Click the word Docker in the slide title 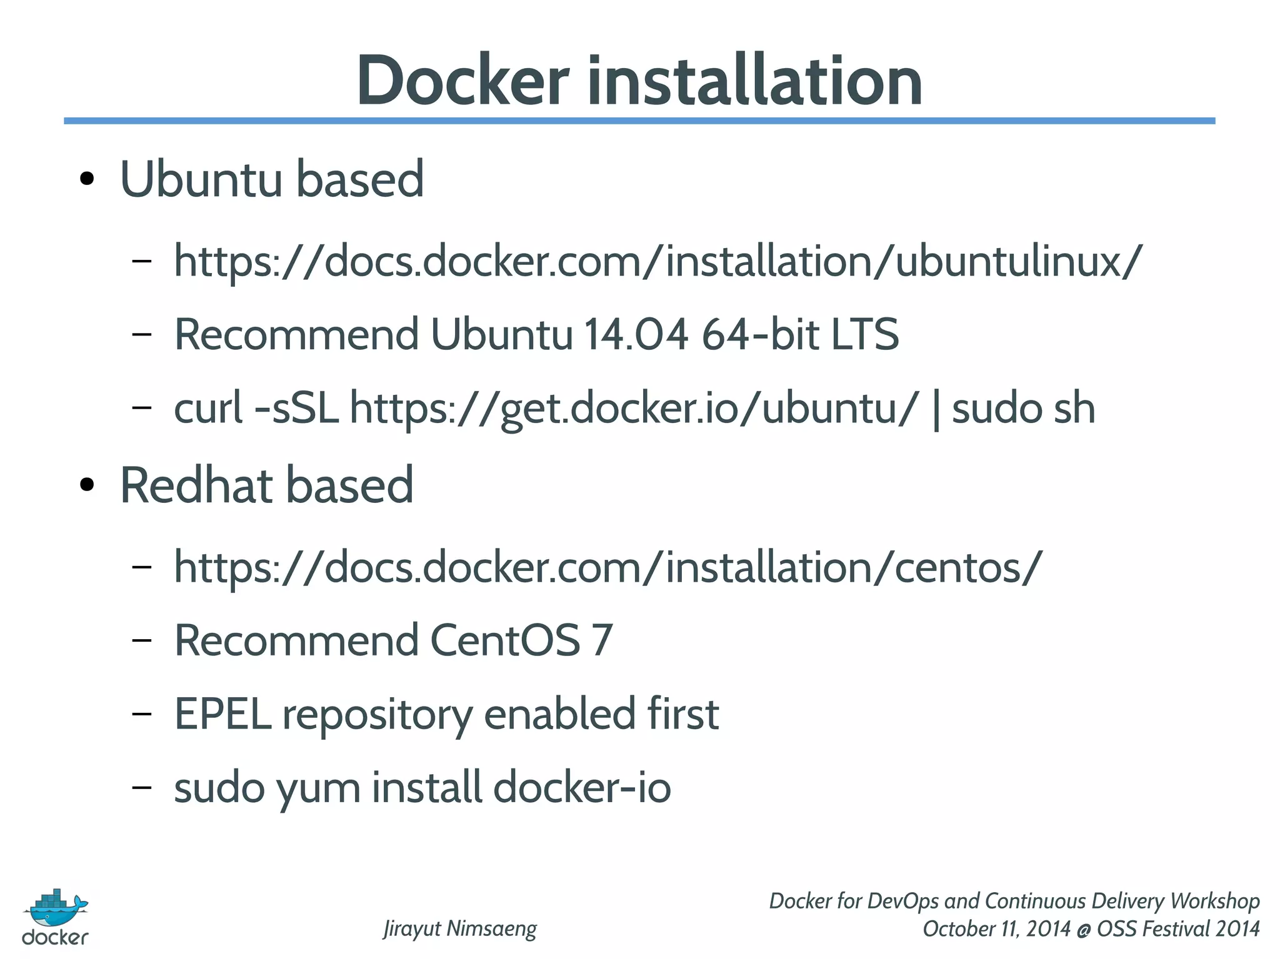coord(462,81)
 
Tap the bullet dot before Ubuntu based coord(87,180)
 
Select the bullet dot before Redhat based coord(87,485)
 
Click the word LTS coord(864,334)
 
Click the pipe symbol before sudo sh coord(936,409)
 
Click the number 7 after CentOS coord(602,640)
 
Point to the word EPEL coord(222,714)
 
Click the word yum coord(319,788)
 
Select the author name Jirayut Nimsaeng coord(460,928)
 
